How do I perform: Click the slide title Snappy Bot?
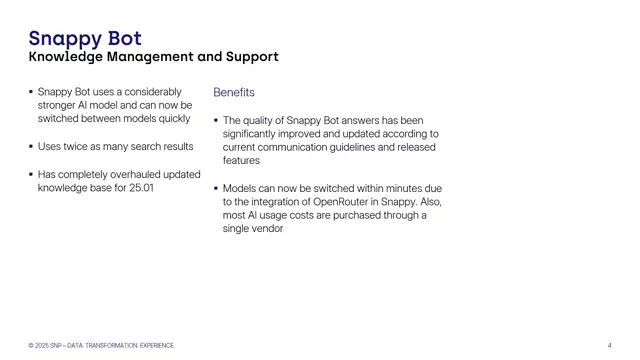tap(85, 39)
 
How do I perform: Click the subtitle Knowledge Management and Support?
tap(153, 57)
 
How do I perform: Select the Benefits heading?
tap(234, 92)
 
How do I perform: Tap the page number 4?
tap(609, 345)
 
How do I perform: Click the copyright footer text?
tap(101, 345)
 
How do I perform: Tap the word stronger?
tap(59, 105)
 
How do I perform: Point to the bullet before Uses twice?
tap(30, 147)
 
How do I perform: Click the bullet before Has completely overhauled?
tap(30, 175)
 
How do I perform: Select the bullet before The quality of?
tap(215, 120)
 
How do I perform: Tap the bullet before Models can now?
tap(215, 188)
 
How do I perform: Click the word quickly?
tap(170, 119)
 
